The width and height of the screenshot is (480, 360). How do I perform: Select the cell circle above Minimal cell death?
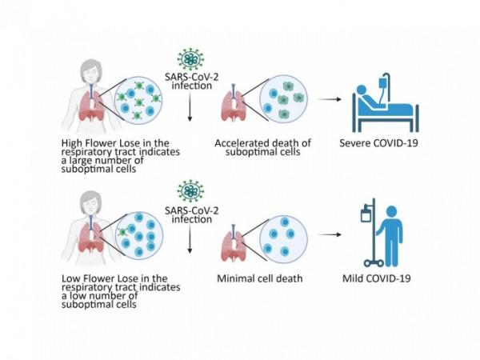tap(283, 236)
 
